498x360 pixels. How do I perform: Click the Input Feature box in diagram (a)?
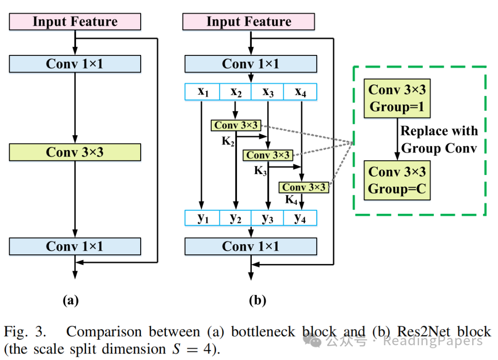75,22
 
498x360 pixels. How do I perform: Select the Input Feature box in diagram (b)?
249,22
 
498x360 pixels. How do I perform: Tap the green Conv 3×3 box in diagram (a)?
75,152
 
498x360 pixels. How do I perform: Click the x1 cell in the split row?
202,92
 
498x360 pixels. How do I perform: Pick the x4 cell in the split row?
300,92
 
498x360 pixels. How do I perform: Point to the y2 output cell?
235,218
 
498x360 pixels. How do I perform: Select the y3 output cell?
268,218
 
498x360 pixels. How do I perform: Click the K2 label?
227,141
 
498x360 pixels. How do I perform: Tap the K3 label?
261,171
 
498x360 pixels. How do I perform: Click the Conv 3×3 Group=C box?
397,180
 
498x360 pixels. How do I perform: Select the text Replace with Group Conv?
439,139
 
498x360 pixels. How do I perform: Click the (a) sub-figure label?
71,301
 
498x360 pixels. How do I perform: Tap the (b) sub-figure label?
257,301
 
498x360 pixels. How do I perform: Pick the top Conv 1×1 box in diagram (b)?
250,64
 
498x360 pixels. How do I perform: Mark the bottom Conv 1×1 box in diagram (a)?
75,246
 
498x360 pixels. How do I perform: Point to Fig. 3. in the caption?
25,331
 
